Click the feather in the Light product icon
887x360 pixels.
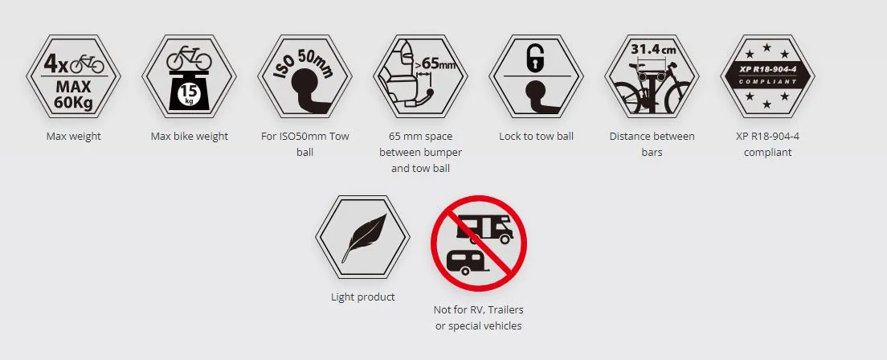[x=364, y=238]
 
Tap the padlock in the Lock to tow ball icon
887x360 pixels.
[x=535, y=59]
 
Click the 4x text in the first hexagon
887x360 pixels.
[x=55, y=63]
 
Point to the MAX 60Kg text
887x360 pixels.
[x=74, y=96]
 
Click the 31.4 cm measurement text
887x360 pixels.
[x=653, y=49]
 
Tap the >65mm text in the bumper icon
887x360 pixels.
[x=435, y=64]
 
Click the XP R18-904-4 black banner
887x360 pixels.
[x=767, y=76]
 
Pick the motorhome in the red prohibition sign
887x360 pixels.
[x=484, y=229]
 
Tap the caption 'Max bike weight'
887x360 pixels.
[x=190, y=137]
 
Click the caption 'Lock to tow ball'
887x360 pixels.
[x=536, y=137]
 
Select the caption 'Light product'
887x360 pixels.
[x=363, y=297]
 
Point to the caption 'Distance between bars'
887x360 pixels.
[x=652, y=145]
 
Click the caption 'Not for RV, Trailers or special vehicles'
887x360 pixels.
[x=479, y=318]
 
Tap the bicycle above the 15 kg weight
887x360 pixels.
[x=189, y=59]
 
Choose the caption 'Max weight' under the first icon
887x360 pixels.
[x=74, y=137]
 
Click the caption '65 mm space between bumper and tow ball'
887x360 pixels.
[x=420, y=152]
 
